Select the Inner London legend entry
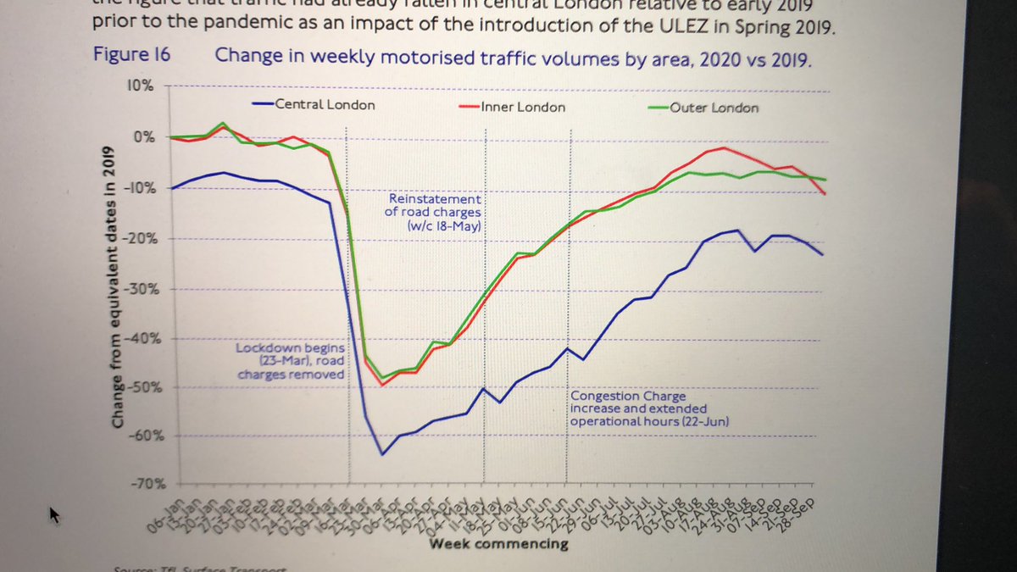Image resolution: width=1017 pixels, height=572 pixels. (x=523, y=108)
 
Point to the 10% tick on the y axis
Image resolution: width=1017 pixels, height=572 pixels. (x=141, y=86)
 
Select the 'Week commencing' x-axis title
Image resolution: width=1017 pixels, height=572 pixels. (x=498, y=543)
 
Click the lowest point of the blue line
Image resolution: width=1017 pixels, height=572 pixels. (x=382, y=455)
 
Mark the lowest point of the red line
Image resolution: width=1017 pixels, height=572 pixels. (x=382, y=386)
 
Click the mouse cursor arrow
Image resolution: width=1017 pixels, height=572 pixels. (x=55, y=514)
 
